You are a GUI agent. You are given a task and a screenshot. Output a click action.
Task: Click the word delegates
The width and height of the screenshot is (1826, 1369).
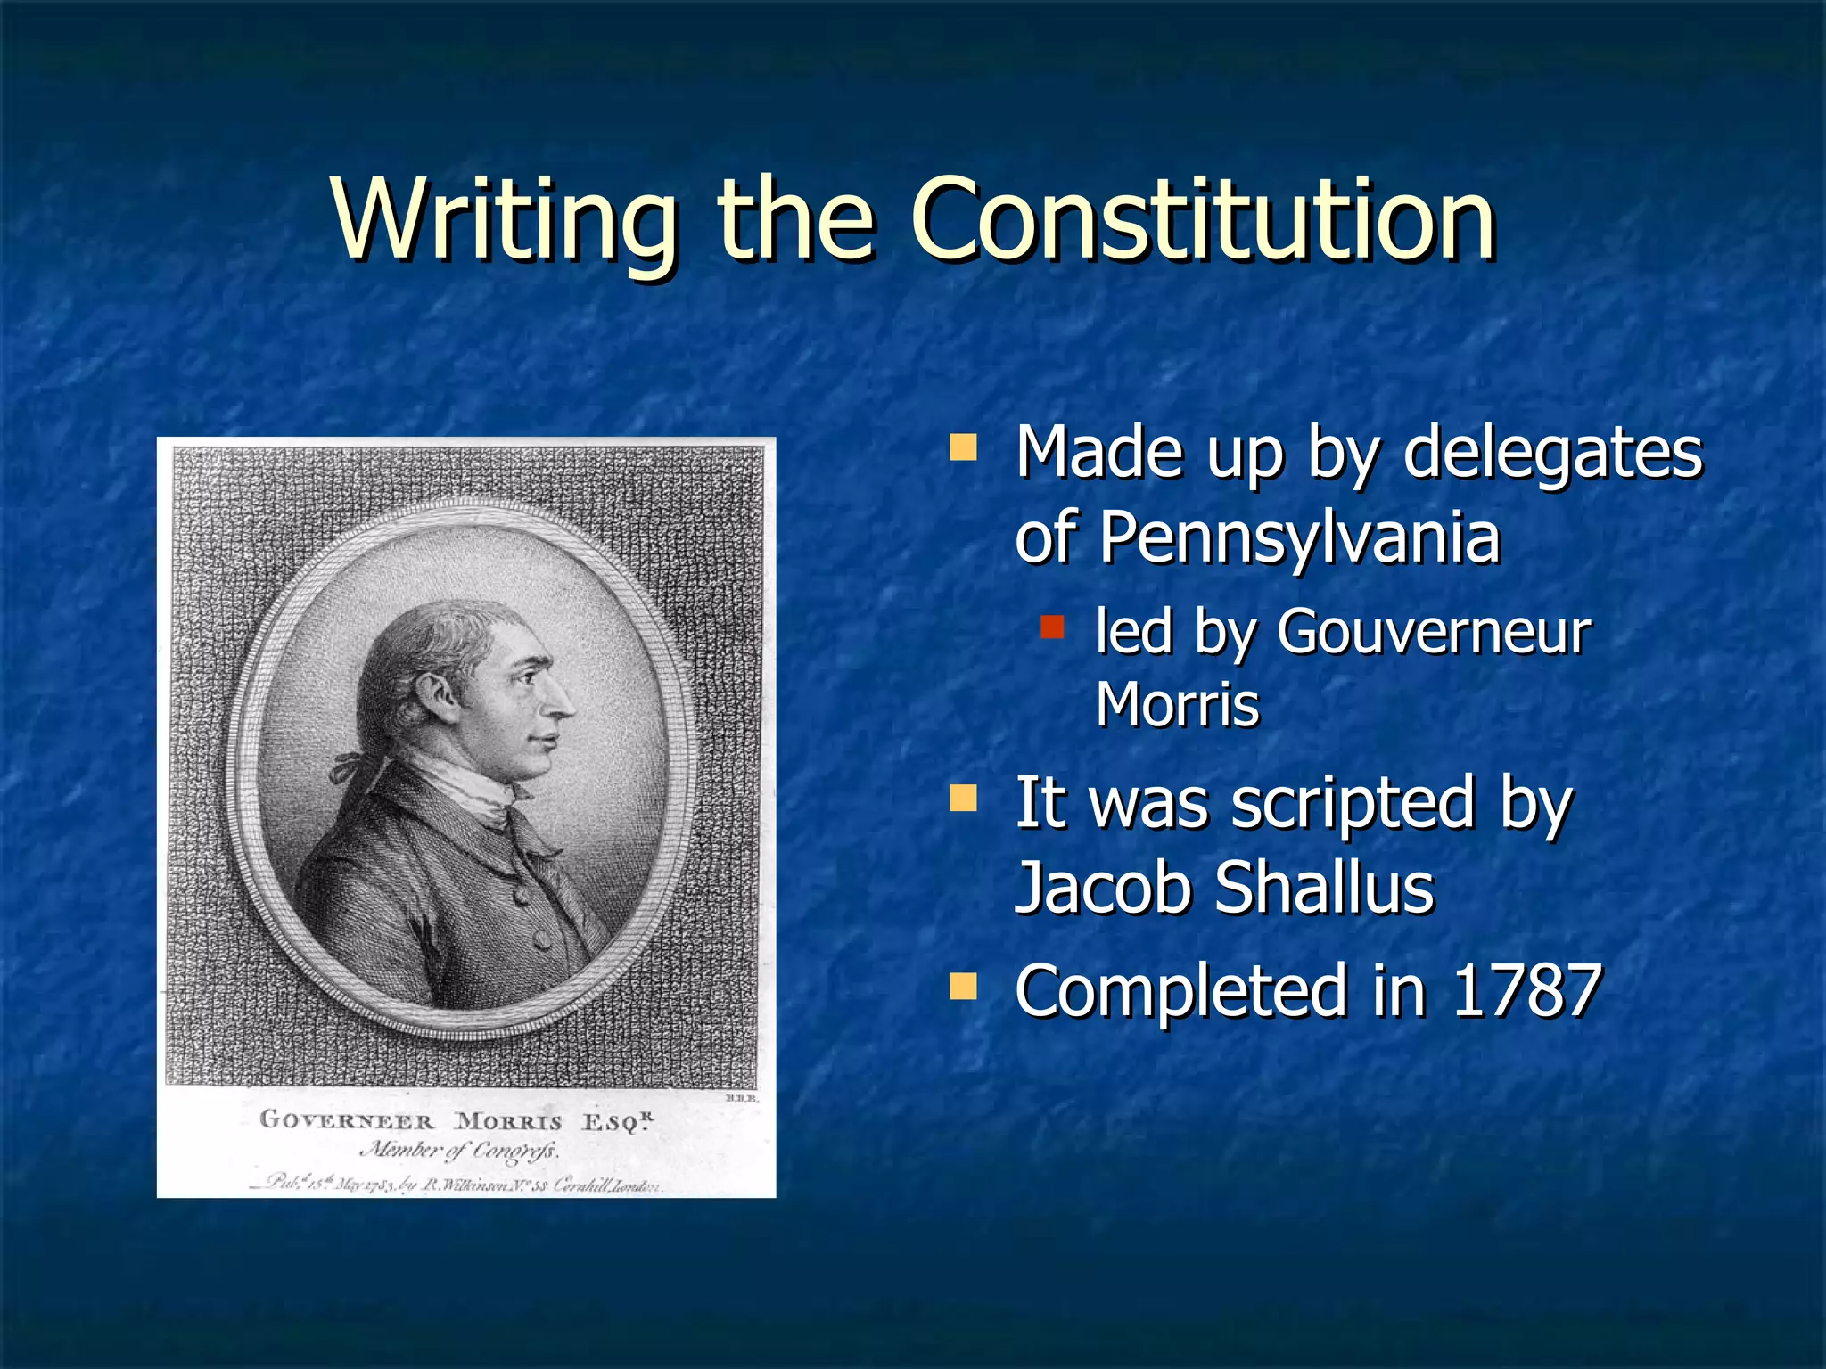pyautogui.click(x=1552, y=453)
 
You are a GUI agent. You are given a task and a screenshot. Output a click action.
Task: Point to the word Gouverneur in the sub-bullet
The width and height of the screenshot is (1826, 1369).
pyautogui.click(x=1433, y=632)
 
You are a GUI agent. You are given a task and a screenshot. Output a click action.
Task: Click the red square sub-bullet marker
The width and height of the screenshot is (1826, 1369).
pyautogui.click(x=1053, y=627)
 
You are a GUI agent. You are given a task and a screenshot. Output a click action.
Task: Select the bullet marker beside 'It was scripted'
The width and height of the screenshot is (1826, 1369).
pyautogui.click(x=963, y=797)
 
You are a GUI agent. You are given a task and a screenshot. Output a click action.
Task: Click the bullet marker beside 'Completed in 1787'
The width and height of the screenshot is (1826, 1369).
pyautogui.click(x=963, y=985)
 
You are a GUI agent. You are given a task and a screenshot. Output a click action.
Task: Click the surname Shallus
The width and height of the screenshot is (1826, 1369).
pyautogui.click(x=1325, y=888)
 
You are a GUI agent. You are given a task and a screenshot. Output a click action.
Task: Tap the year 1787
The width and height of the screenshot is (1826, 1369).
pyautogui.click(x=1526, y=990)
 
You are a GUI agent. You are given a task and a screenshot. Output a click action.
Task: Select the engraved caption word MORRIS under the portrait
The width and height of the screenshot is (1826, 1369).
pyautogui.click(x=508, y=1121)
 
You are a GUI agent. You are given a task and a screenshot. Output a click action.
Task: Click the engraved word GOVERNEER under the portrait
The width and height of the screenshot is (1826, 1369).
pyautogui.click(x=347, y=1119)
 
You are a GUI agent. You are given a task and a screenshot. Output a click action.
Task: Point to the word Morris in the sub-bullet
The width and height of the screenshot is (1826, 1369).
pyautogui.click(x=1177, y=705)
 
